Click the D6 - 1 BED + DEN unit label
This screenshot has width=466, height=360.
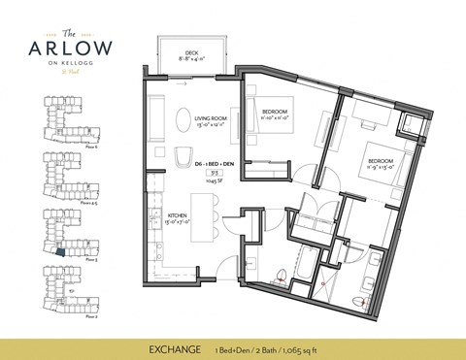click(211, 166)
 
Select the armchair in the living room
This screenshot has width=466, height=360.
click(183, 157)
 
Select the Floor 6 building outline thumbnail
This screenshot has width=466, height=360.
click(57, 117)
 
